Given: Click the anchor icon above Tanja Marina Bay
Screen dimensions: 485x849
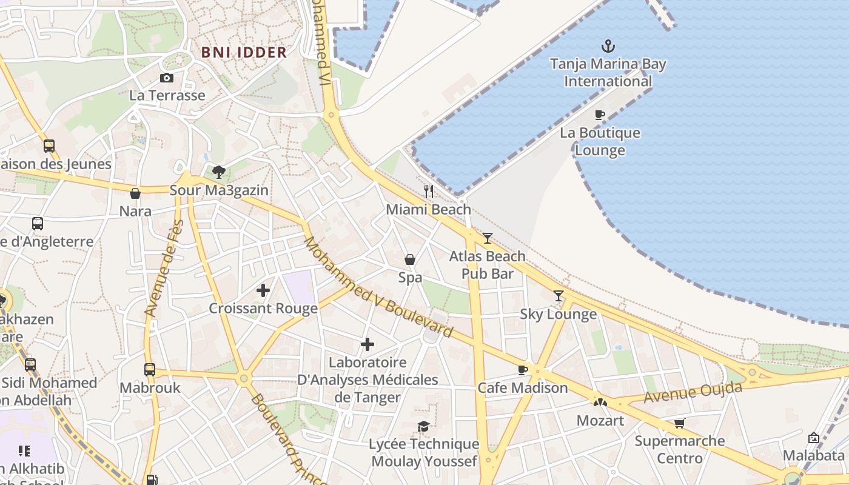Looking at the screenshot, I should pos(608,46).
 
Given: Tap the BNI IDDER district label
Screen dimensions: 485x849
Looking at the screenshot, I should pos(244,52).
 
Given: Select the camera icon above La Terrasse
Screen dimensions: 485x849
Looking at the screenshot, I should pos(167,78).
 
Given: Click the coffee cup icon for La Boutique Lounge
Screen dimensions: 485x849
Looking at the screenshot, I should pos(600,115).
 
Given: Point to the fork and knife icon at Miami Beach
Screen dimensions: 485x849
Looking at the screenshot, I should pos(429,192).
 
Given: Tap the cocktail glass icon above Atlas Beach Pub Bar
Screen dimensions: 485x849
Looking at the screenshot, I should pos(488,238).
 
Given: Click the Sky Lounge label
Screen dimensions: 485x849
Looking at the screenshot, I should pos(558,314).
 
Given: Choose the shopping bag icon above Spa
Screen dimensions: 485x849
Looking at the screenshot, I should pos(410,259).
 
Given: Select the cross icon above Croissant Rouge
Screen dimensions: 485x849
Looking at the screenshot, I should pos(263,290).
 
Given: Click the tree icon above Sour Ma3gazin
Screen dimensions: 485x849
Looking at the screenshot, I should pos(219,172).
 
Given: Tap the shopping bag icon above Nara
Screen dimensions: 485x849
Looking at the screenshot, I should pos(135,193).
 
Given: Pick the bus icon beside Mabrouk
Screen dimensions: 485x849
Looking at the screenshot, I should pos(150,369).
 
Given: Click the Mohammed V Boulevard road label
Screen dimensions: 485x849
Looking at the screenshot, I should pos(378,287).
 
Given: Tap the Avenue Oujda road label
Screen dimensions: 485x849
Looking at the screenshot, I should pos(693,393).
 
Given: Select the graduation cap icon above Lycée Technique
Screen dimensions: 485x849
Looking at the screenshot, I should pos(424,426).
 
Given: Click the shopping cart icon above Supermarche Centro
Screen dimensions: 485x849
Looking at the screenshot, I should pos(679,423).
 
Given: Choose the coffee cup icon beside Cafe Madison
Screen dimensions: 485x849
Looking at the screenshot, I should pos(523,370).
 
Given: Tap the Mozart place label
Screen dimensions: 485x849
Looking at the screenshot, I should pos(600,420).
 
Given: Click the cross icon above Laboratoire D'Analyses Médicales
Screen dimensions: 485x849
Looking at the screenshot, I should pos(367,344).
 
